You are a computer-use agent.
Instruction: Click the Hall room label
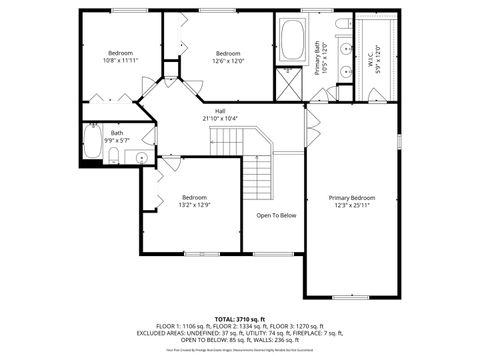(219, 111)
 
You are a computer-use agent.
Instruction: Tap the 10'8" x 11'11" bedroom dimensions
(120, 60)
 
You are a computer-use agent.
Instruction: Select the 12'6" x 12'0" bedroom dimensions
(228, 60)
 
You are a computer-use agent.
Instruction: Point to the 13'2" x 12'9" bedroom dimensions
(194, 205)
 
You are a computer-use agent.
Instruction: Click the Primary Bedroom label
(352, 197)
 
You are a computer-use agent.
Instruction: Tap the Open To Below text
(276, 215)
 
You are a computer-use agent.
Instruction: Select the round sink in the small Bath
(140, 157)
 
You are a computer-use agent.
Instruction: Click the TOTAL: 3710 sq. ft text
(240, 317)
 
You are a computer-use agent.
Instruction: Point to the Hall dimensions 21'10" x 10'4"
(219, 119)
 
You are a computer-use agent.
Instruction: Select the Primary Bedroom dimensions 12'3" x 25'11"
(352, 205)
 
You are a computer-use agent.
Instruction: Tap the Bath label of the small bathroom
(117, 133)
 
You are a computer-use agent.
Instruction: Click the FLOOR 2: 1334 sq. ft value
(240, 325)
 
